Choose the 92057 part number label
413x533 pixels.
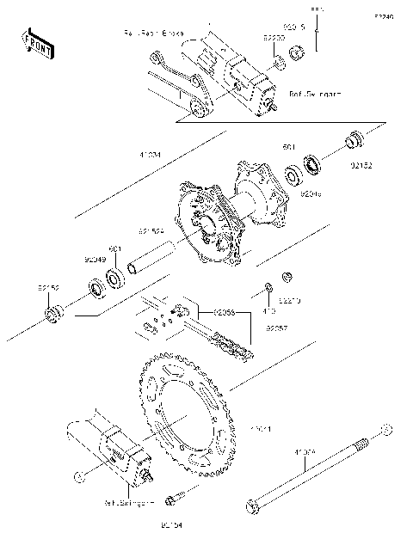(x=275, y=328)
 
